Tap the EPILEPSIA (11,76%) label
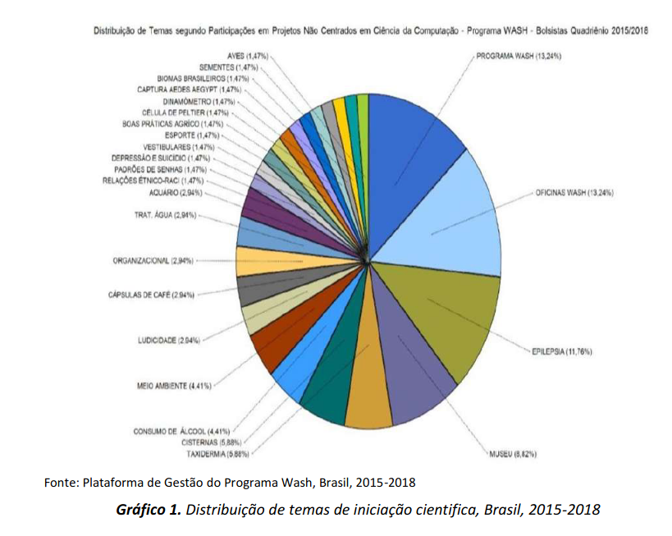tap(561, 351)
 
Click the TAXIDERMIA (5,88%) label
tap(217, 453)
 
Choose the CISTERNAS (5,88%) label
tap(217, 442)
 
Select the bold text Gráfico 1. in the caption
tap(148, 510)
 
